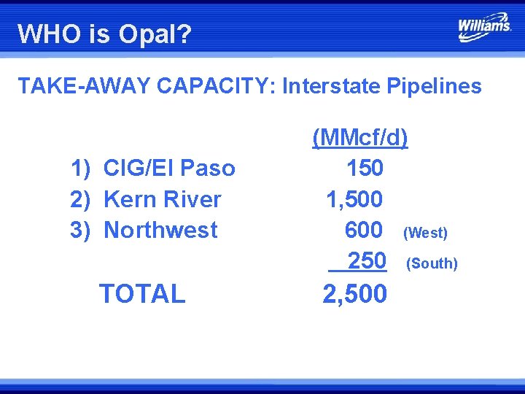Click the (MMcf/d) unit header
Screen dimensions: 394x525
360,137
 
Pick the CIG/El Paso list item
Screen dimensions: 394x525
169,169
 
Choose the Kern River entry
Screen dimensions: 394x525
163,199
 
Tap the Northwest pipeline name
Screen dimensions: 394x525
161,230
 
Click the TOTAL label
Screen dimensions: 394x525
142,293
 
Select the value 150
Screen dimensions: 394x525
365,169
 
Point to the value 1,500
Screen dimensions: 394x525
354,199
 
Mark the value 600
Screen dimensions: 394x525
364,230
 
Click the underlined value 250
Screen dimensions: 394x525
365,260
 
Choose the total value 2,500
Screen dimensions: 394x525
354,293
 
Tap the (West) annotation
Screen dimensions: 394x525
425,233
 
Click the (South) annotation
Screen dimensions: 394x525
432,263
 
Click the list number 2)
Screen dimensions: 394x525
80,199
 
